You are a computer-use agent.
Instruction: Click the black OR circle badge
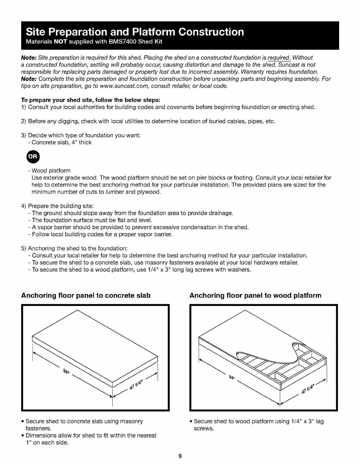click(33, 157)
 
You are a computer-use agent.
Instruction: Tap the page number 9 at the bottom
click(180, 456)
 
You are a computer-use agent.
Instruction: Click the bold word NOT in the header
click(61, 41)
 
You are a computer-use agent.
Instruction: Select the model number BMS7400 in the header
click(122, 41)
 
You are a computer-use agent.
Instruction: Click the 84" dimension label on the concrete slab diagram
click(66, 371)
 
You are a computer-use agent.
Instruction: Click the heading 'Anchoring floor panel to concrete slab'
click(86, 295)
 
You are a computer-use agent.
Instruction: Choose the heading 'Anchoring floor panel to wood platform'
click(255, 295)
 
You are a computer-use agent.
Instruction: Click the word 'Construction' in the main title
click(211, 32)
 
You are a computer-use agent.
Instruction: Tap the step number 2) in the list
click(24, 122)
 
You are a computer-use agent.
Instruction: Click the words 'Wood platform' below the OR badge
click(51, 171)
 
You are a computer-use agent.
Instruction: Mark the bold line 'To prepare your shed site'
click(91, 100)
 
